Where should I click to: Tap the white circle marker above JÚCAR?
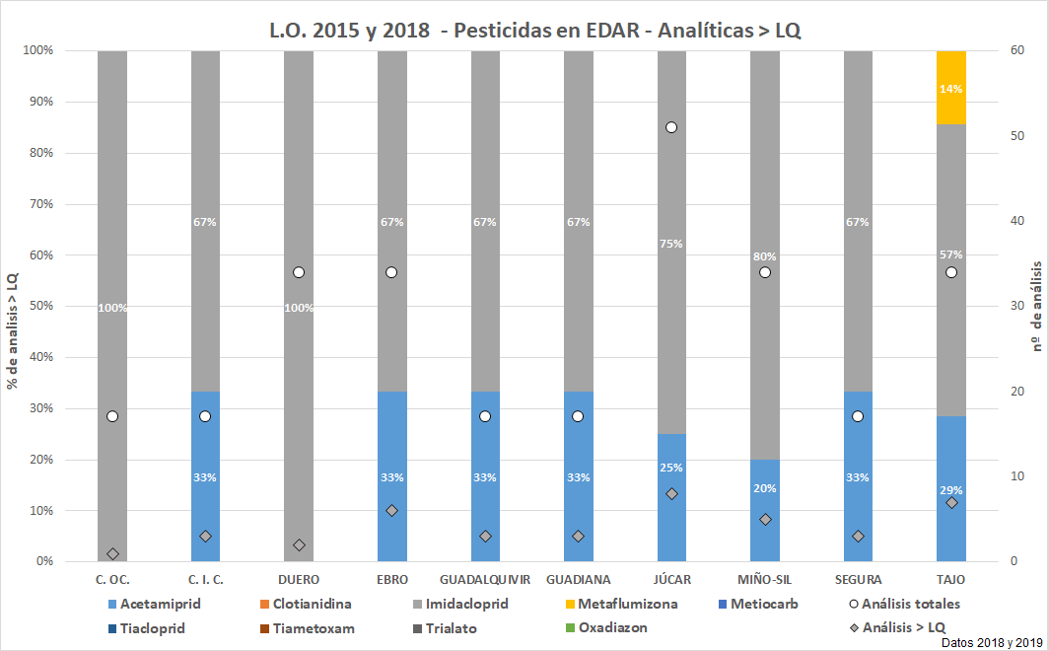pos(671,127)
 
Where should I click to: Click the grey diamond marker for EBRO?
pos(391,511)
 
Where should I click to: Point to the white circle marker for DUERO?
pos(299,272)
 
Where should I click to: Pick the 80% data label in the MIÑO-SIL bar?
pos(764,256)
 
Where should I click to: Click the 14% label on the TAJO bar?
pos(950,89)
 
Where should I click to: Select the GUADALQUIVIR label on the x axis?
pos(485,579)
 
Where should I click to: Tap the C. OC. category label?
pos(112,579)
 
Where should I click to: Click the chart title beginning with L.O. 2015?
pos(534,30)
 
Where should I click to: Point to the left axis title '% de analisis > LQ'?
pos(14,305)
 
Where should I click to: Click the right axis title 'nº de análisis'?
pos(1035,306)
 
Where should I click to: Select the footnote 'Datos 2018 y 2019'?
pos(991,642)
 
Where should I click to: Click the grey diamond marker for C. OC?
pos(112,553)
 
